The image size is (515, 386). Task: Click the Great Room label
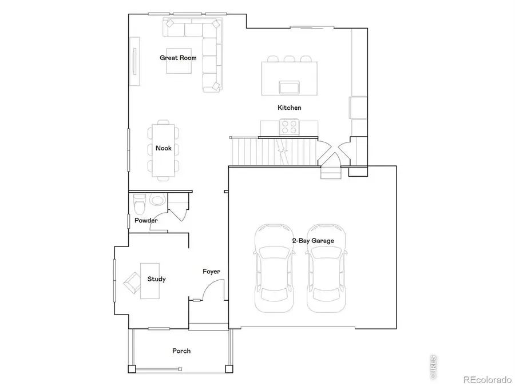pyautogui.click(x=178, y=58)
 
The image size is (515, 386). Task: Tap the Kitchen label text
pyautogui.click(x=290, y=108)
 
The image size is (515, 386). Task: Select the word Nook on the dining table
pyautogui.click(x=164, y=148)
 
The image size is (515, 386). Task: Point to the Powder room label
pyautogui.click(x=146, y=220)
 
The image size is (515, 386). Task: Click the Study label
pyautogui.click(x=156, y=279)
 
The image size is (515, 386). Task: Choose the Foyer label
pyautogui.click(x=211, y=272)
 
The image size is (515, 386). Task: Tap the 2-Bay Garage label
pyautogui.click(x=312, y=241)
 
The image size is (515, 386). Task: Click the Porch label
pyautogui.click(x=181, y=351)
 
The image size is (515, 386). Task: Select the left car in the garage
pyautogui.click(x=274, y=269)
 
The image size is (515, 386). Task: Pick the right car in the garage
pyautogui.click(x=327, y=269)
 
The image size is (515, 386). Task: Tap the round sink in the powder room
pyautogui.click(x=157, y=201)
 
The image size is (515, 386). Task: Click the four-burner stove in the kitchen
pyautogui.click(x=289, y=126)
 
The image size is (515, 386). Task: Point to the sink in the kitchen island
pyautogui.click(x=288, y=87)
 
